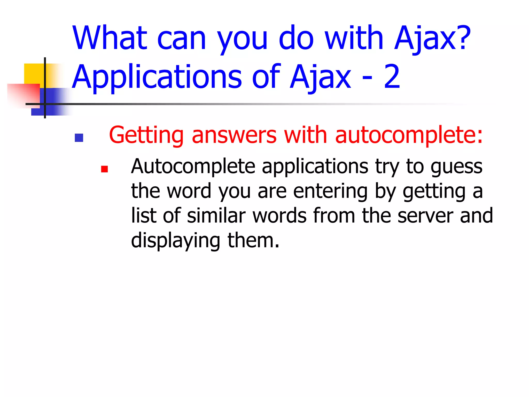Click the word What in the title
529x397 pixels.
(x=110, y=38)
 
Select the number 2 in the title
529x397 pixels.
(x=392, y=77)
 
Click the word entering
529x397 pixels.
(x=330, y=191)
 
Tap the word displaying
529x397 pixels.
(x=176, y=240)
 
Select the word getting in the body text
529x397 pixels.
(x=434, y=191)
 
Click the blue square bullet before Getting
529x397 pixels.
(x=79, y=138)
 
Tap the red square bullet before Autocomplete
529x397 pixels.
(x=104, y=169)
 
